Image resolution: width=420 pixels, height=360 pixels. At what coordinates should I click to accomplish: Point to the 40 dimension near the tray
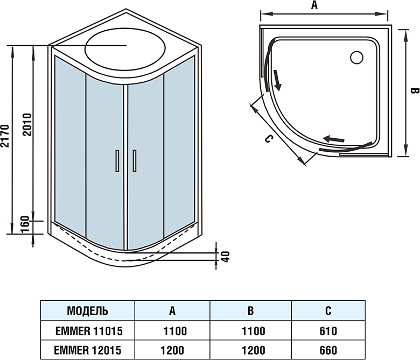[226, 256]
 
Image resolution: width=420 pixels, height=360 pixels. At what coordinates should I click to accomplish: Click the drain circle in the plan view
[356, 57]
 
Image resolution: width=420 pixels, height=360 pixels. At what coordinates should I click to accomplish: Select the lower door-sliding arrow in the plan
[333, 139]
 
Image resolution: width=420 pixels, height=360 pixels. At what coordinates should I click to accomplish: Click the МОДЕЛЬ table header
[87, 311]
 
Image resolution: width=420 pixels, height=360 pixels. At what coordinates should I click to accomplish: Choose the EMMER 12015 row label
[87, 350]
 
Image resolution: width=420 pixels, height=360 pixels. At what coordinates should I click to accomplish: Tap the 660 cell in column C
[328, 350]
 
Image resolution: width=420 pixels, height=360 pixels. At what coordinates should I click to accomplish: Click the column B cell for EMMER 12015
[250, 350]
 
